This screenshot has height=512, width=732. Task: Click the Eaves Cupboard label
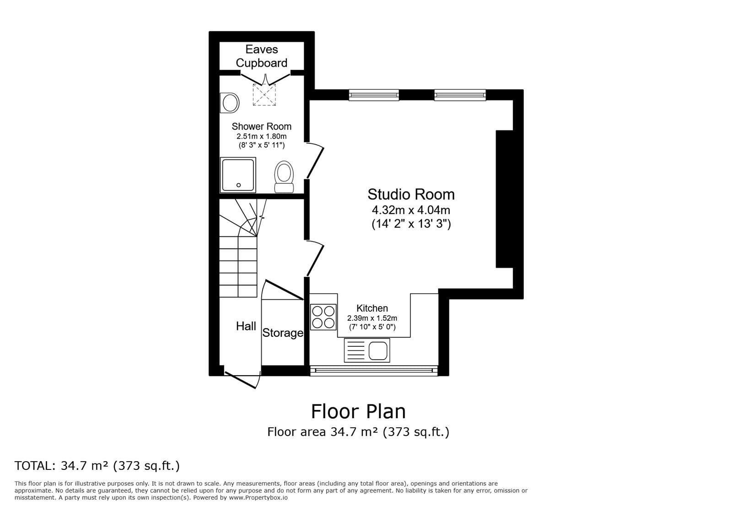pos(261,56)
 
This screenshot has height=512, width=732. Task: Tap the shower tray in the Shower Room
pos(238,175)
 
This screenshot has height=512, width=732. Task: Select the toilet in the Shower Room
pos(284,177)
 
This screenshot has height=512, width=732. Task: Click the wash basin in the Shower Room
pos(230,102)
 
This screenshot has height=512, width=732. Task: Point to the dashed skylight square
pos(264,95)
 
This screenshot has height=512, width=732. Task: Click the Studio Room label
pos(411,194)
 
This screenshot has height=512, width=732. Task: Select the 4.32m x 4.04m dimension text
pos(411,210)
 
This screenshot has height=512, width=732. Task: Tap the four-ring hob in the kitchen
pos(323,317)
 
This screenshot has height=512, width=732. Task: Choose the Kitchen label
pos(372,308)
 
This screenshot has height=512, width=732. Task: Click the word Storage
pos(282,333)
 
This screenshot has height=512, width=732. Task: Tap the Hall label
pos(246,326)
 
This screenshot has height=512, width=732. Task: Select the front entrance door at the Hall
pos(242,379)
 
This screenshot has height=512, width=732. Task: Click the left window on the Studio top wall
pos(374,95)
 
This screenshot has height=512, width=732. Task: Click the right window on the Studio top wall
pos(459,95)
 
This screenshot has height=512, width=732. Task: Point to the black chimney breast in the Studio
pos(504,199)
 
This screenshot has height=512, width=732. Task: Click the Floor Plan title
pos(358,411)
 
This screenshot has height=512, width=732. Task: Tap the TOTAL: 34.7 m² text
pos(97,466)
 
